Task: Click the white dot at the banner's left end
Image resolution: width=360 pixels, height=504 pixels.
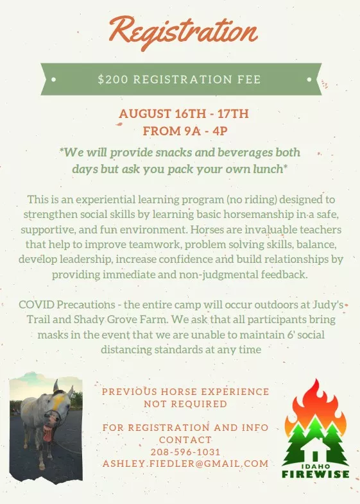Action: point(53,80)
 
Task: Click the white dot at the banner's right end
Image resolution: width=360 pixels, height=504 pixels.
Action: point(309,80)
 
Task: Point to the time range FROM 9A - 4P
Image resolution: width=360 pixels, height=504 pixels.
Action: point(185,131)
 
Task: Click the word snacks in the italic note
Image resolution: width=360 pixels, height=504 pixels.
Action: point(174,153)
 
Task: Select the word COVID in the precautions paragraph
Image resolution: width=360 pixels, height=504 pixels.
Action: point(36,305)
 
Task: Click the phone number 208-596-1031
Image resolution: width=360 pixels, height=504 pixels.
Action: point(185,452)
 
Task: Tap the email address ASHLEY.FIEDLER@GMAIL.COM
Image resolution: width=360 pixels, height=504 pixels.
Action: point(185,464)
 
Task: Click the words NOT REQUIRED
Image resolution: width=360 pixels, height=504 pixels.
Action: point(185,404)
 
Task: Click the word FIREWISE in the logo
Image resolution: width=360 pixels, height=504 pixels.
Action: point(315,474)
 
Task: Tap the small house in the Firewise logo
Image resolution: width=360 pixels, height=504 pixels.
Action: point(315,454)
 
